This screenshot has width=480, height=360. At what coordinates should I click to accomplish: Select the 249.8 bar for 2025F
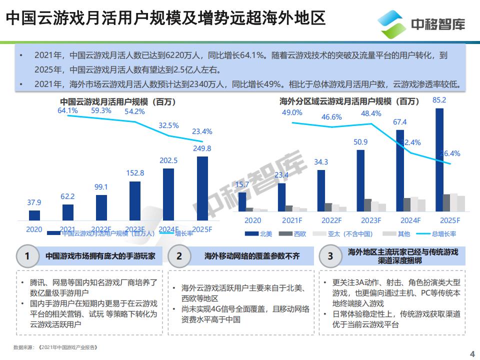[202, 188]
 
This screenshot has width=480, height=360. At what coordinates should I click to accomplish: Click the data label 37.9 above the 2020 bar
[34, 202]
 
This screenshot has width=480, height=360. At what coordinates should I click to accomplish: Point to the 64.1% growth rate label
[67, 110]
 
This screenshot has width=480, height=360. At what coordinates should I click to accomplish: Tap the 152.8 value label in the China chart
[135, 173]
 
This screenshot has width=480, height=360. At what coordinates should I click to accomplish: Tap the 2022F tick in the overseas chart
[331, 220]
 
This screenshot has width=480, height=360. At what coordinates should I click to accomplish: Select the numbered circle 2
[179, 256]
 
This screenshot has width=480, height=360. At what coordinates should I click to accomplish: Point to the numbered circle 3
[330, 256]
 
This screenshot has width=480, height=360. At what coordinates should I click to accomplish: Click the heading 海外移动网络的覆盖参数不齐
[252, 256]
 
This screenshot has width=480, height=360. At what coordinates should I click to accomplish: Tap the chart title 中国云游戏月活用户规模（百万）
[118, 102]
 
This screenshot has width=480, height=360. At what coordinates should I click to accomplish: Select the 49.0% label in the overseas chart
[292, 112]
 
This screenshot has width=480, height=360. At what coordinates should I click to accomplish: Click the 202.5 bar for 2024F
[168, 194]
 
